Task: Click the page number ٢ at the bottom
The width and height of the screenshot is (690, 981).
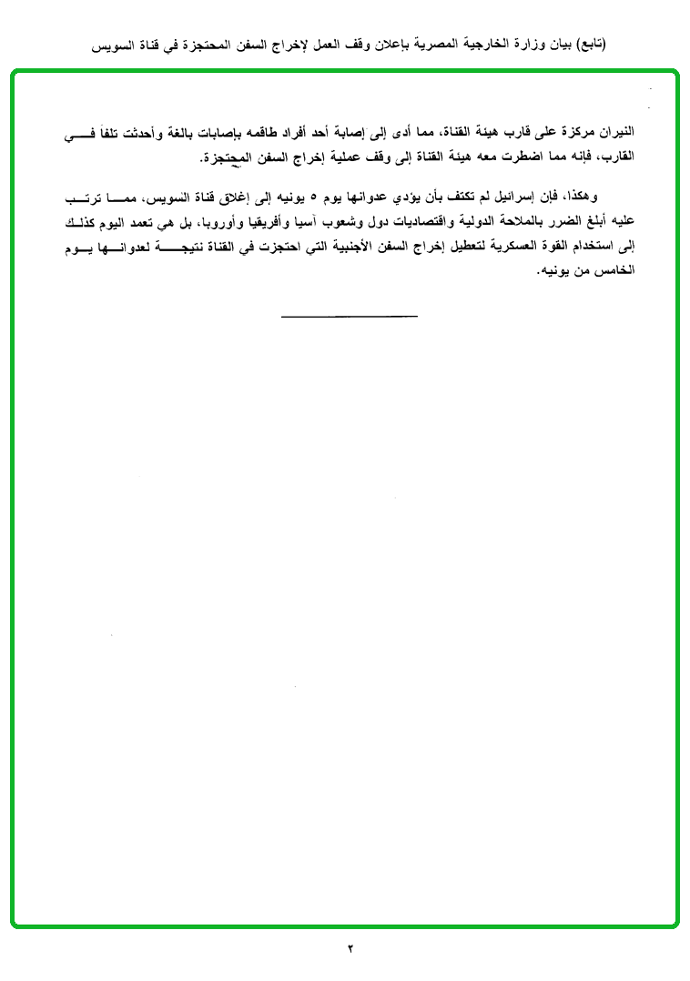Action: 350,948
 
